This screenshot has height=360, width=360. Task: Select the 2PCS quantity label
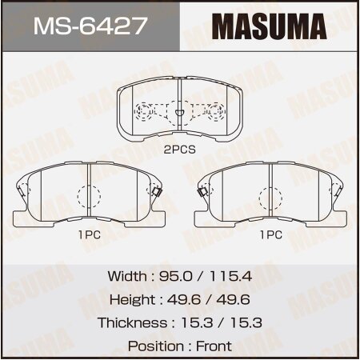[x=181, y=149]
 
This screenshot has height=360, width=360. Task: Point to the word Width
[x=126, y=276]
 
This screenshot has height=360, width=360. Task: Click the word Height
[x=126, y=299]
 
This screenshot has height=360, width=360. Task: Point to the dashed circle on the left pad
[x=88, y=197]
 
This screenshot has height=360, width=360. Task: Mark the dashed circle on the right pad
[x=272, y=197]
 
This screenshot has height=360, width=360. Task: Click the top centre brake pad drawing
[x=179, y=112]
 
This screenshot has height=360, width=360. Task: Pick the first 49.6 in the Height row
[x=186, y=299]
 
